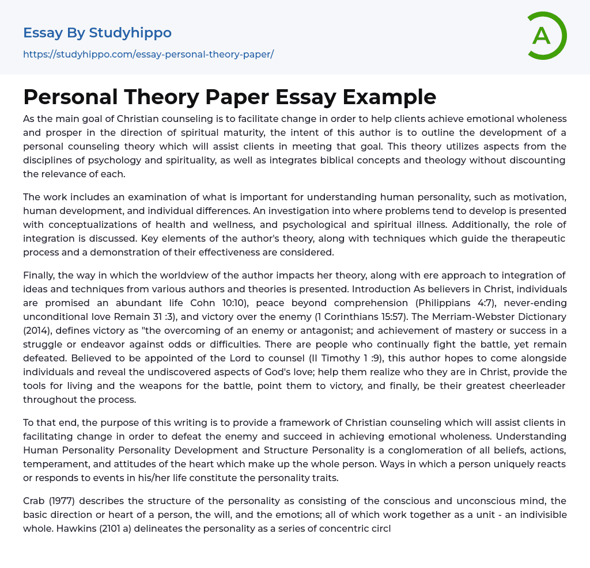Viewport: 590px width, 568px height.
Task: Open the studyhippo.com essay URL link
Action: click(x=148, y=55)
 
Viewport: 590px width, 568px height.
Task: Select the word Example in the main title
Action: click(x=389, y=97)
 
